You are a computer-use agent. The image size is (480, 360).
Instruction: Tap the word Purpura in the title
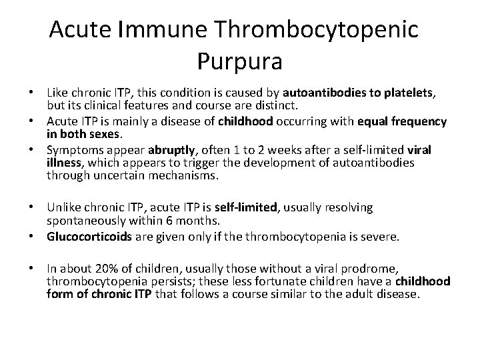[x=240, y=61]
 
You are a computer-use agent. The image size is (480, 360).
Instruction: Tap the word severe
[x=378, y=235]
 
